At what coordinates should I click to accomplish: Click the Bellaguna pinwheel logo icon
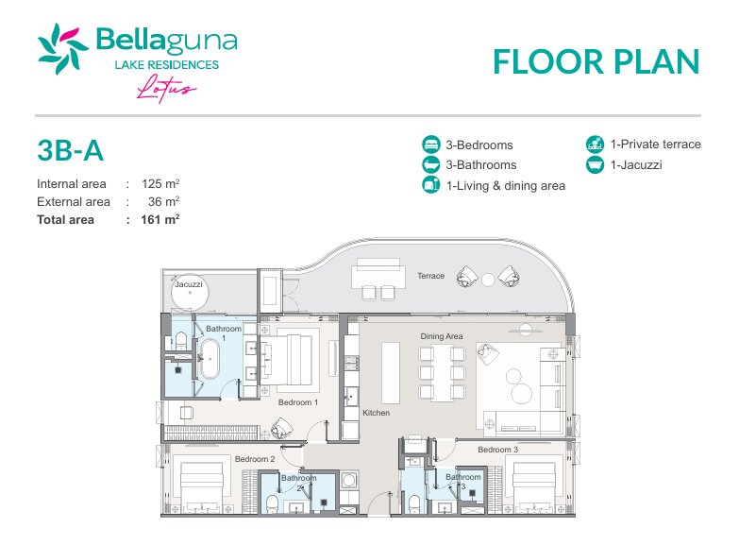click(x=62, y=49)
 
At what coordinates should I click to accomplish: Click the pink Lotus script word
click(x=166, y=88)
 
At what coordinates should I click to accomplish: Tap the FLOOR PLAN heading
click(x=596, y=61)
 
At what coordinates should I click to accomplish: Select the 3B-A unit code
click(x=70, y=150)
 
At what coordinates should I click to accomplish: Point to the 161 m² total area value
click(x=160, y=219)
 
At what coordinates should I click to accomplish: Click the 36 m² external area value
click(x=163, y=201)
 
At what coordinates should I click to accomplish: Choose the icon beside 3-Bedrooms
click(x=430, y=145)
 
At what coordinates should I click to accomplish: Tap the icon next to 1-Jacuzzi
click(x=595, y=164)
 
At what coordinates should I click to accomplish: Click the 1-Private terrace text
click(x=656, y=144)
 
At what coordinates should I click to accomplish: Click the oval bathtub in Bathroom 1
click(x=210, y=360)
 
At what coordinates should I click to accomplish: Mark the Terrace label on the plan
click(x=430, y=276)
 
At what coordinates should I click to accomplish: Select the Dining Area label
click(x=442, y=336)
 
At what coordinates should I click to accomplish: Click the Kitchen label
click(x=376, y=413)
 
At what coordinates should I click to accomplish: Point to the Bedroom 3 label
click(x=497, y=450)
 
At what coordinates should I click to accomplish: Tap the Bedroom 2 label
click(x=255, y=459)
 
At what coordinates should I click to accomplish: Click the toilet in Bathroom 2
click(x=273, y=503)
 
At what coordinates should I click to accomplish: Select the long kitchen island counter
click(x=390, y=373)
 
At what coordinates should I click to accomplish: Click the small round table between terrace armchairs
click(x=488, y=280)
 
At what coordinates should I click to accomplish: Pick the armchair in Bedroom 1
click(x=281, y=429)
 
